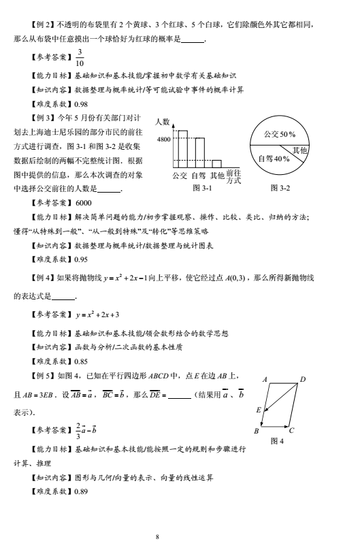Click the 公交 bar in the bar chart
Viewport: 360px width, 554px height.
(182, 152)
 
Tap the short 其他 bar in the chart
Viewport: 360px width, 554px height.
(216, 163)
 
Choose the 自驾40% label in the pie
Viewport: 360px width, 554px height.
(275, 159)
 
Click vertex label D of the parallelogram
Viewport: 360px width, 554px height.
(304, 378)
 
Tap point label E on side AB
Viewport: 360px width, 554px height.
(258, 410)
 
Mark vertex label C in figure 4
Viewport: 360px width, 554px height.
(291, 431)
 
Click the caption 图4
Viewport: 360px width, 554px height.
(276, 441)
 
